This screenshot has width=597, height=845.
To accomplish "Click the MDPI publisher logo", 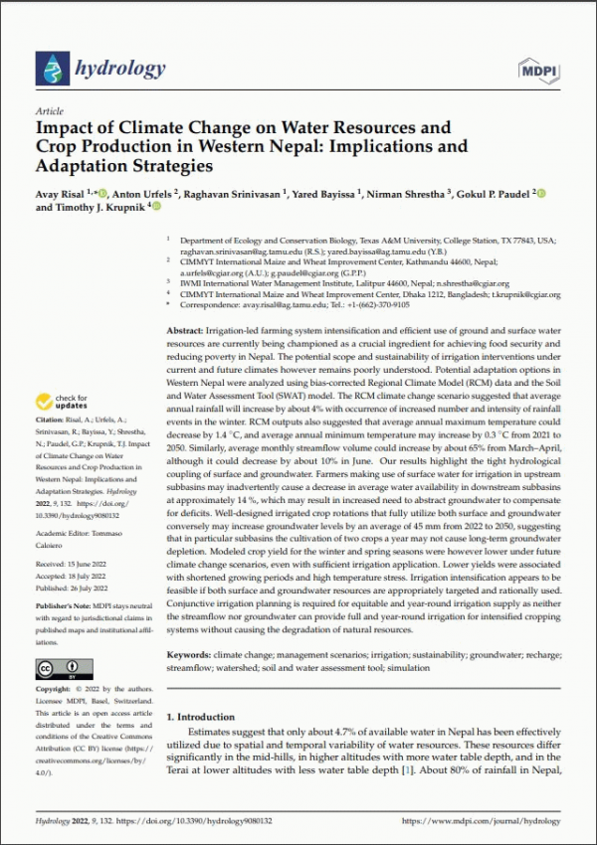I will point(538,69).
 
